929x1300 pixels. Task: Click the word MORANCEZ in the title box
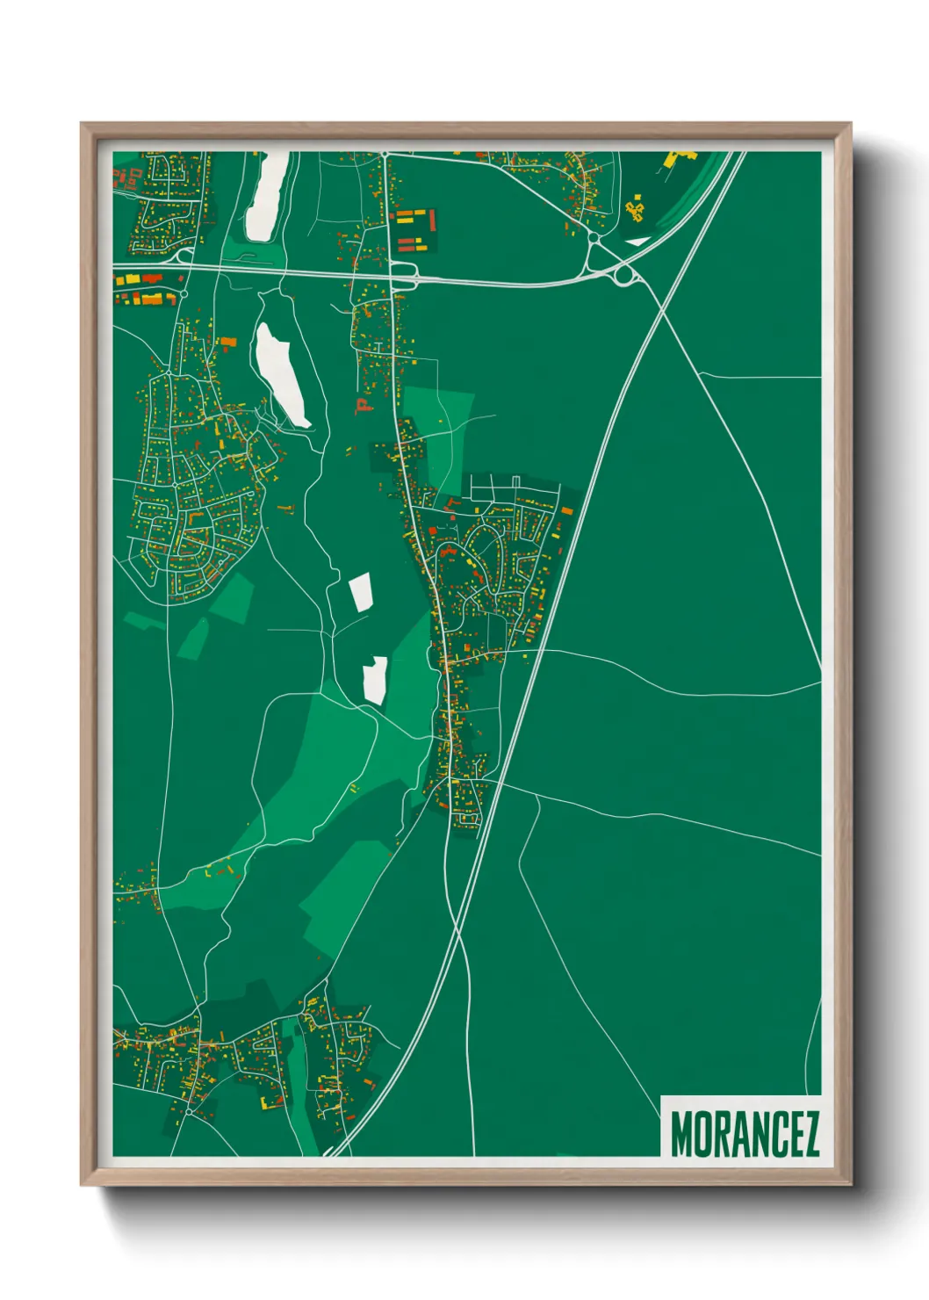[745, 1134]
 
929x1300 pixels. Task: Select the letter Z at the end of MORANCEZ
[810, 1134]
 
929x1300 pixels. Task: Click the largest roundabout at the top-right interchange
[624, 276]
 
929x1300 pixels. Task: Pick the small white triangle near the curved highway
[637, 241]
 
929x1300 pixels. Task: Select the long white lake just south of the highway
[281, 373]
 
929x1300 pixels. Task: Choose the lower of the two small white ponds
[376, 680]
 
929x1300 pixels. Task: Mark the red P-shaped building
[361, 405]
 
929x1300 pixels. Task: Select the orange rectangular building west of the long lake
[227, 342]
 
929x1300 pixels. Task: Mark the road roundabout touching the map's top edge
[385, 155]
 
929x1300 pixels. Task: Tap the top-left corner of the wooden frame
[83, 125]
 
